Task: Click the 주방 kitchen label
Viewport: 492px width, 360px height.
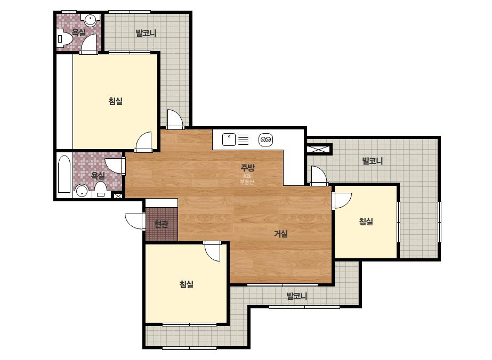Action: click(247, 167)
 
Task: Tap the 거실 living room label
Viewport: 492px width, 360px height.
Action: click(281, 233)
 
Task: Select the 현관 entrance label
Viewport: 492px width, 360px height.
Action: click(162, 224)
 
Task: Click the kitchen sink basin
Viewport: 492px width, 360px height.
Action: click(229, 140)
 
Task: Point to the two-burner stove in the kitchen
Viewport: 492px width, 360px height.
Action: click(266, 140)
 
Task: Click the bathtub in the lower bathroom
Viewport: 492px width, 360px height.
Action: click(64, 174)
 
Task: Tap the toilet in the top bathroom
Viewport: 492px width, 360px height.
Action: click(65, 38)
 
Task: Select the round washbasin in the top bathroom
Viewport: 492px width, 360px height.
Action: click(91, 20)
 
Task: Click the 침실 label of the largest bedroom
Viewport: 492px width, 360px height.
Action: click(116, 101)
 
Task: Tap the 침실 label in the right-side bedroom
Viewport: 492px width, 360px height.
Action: click(366, 222)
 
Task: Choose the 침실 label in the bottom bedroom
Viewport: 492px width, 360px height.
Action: click(187, 284)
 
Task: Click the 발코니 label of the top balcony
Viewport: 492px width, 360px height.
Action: click(146, 33)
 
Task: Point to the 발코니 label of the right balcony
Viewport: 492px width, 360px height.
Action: click(373, 161)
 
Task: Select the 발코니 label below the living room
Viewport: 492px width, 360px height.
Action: click(297, 296)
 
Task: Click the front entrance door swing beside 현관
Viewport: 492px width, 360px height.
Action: click(135, 222)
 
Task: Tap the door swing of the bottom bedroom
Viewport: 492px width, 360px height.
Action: click(213, 251)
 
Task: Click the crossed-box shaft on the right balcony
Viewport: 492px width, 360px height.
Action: click(319, 149)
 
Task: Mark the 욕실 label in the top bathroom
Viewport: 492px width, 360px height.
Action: click(79, 32)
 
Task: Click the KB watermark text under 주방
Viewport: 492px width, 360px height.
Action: click(247, 176)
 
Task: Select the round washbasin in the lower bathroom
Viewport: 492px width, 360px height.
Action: click(82, 190)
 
